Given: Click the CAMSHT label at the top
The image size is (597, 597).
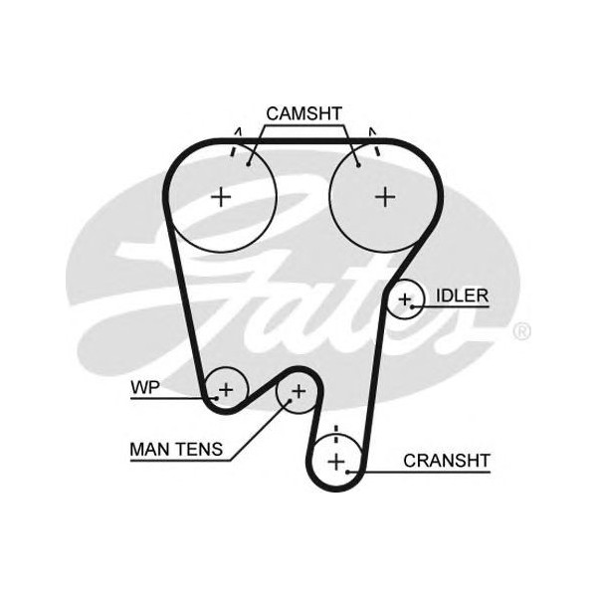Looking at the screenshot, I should (303, 113).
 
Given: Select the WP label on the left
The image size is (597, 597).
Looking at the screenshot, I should (145, 387).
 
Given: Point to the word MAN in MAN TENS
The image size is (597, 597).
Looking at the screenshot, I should (150, 449).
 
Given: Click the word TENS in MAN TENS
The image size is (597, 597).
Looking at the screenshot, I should (199, 449).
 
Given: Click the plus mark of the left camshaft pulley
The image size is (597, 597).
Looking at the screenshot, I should (221, 196).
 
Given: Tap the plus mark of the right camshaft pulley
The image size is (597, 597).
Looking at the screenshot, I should (385, 196).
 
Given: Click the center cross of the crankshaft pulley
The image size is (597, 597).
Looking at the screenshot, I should (336, 461).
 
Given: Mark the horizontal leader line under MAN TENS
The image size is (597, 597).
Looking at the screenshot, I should (179, 460).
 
